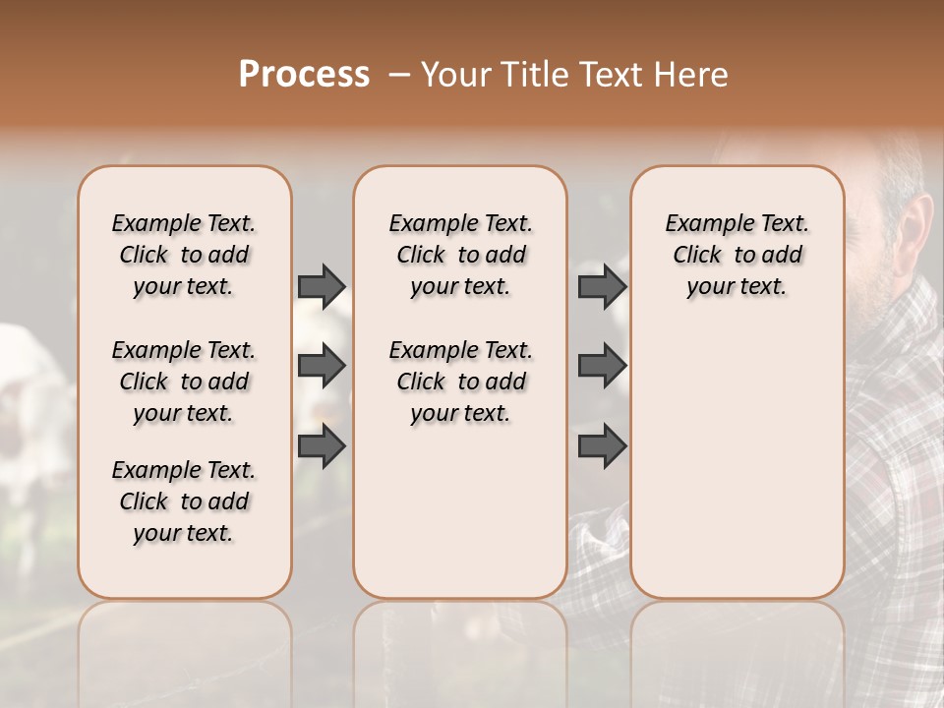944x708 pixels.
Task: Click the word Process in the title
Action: point(304,75)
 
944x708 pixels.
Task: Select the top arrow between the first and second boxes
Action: point(322,286)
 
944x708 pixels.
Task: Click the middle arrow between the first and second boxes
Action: point(322,366)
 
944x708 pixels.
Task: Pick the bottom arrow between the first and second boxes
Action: point(322,445)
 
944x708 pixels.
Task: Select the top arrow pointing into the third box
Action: point(602,286)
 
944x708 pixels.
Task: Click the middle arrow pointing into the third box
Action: point(602,366)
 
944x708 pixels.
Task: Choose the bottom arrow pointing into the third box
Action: point(602,445)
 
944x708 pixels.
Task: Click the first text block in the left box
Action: point(184,255)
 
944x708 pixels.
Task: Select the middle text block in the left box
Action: point(184,382)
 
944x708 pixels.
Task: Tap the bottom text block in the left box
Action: point(184,501)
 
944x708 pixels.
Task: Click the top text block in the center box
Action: point(461,255)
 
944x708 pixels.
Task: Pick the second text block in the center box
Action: point(461,382)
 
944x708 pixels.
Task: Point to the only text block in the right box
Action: point(737,255)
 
